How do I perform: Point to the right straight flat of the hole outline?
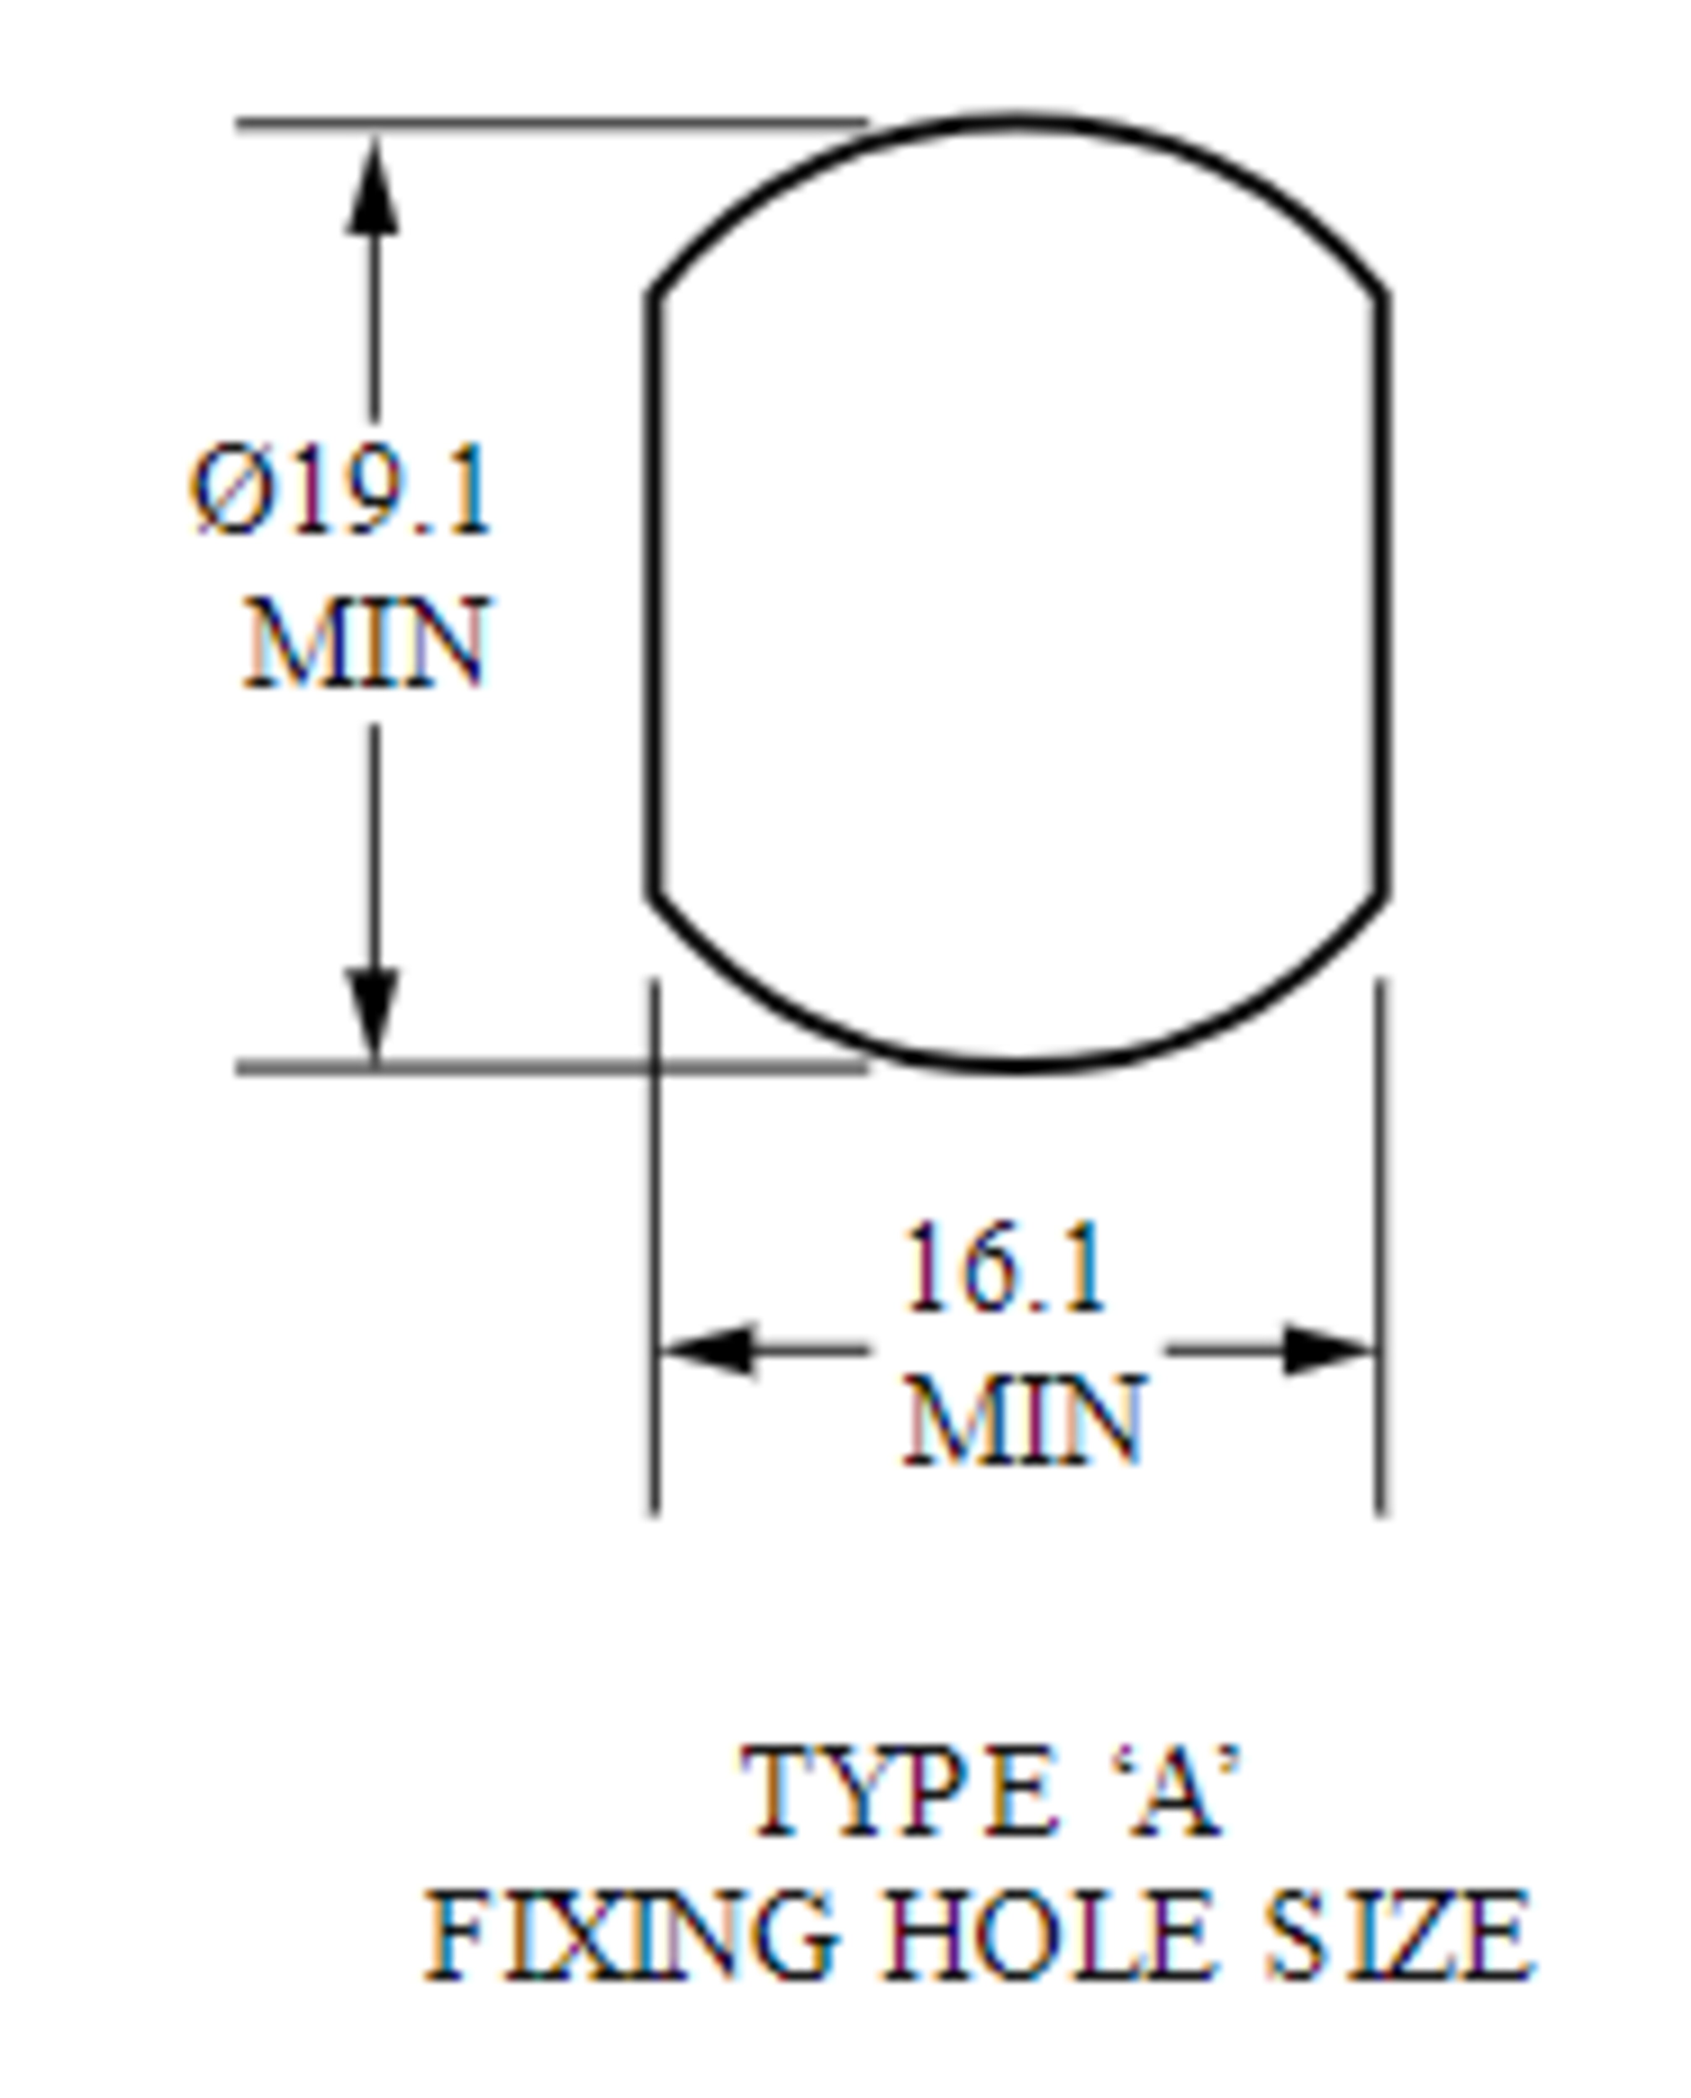point(1381,594)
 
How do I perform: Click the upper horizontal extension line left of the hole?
point(551,123)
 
